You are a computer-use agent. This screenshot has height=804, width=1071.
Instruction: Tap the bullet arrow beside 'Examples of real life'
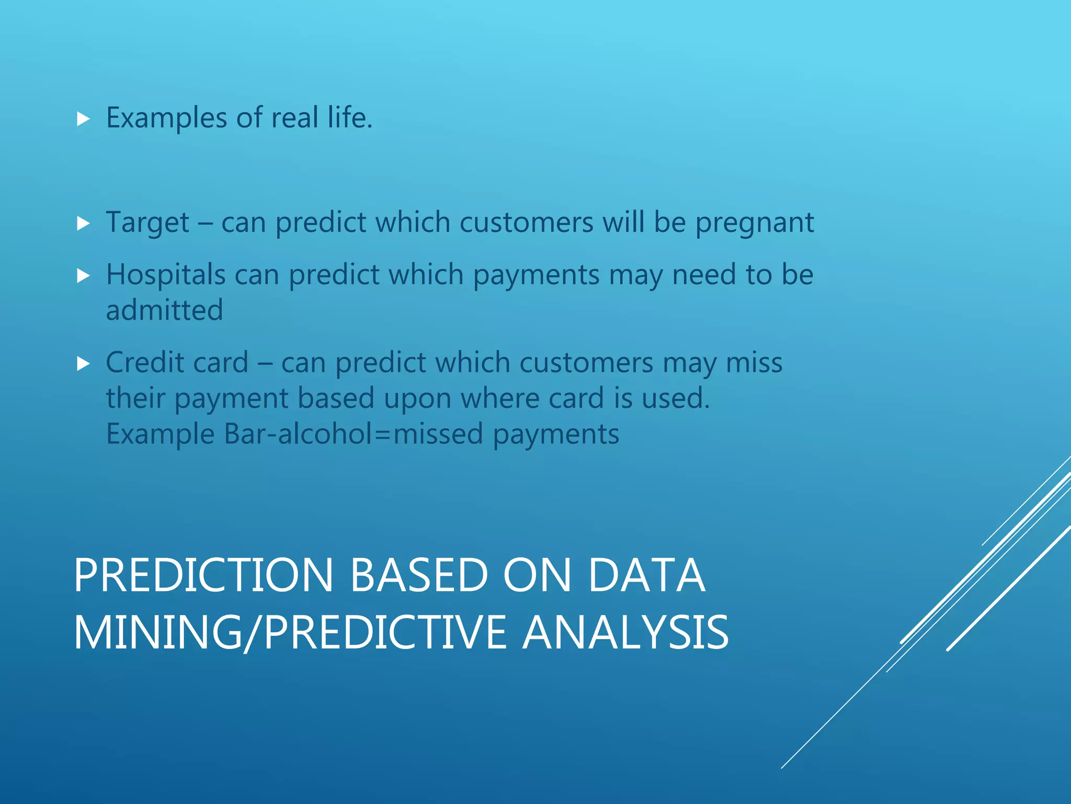(83, 119)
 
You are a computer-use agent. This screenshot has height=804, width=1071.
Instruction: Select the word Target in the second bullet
(147, 223)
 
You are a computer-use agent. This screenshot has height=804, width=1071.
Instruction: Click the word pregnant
(754, 223)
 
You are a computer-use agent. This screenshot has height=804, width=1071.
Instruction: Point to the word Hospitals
(165, 275)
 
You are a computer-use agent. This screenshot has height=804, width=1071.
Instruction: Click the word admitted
(164, 310)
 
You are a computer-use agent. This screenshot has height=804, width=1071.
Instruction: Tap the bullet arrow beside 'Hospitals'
(83, 276)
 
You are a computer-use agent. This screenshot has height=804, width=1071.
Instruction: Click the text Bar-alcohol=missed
(354, 434)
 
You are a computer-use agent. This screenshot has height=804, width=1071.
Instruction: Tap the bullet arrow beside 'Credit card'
(83, 363)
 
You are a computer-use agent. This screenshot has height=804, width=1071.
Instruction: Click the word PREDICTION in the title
(203, 575)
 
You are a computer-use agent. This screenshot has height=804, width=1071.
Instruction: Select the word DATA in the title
(646, 575)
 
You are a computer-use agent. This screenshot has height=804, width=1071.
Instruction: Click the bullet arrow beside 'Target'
(83, 224)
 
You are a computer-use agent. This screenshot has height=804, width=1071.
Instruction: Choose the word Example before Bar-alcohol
(160, 434)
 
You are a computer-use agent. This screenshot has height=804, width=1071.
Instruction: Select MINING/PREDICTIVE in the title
(290, 633)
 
